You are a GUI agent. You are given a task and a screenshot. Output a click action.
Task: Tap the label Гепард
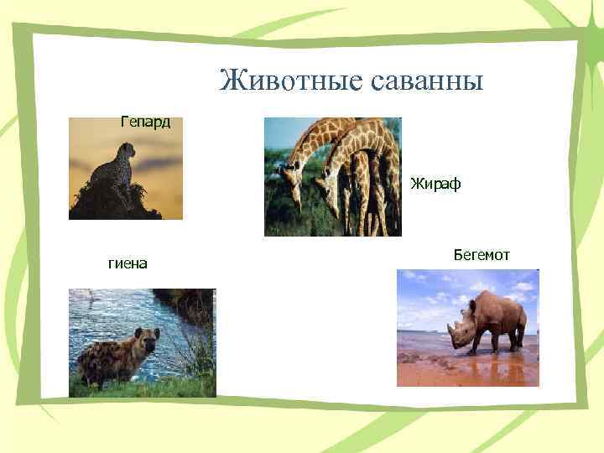(145, 122)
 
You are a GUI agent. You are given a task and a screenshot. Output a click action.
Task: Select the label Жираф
(435, 184)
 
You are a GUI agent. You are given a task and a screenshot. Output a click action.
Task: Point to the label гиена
(128, 263)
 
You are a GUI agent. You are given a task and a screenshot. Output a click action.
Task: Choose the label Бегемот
(481, 254)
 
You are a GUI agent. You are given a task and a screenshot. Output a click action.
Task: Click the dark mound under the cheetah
(113, 204)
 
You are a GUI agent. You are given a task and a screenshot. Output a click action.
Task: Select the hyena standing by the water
(117, 356)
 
